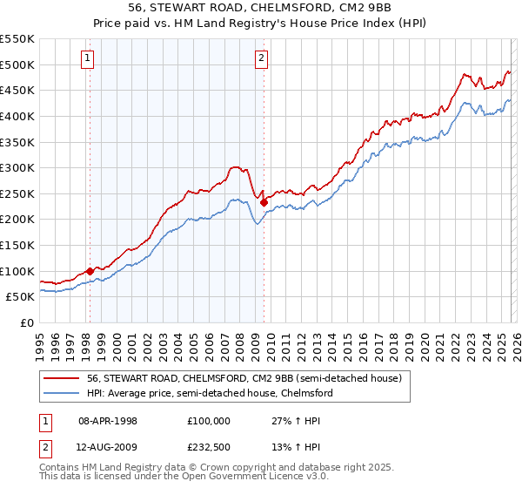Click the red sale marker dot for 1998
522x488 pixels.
pos(90,271)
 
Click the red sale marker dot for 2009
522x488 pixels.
pos(264,203)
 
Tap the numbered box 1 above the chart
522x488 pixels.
pos(89,58)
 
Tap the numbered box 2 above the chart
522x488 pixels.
pos(262,58)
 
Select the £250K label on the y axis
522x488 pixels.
pos(17,193)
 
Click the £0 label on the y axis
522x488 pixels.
pos(28,322)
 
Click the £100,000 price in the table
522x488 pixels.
pos(209,420)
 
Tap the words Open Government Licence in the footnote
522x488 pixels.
pos(224,478)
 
